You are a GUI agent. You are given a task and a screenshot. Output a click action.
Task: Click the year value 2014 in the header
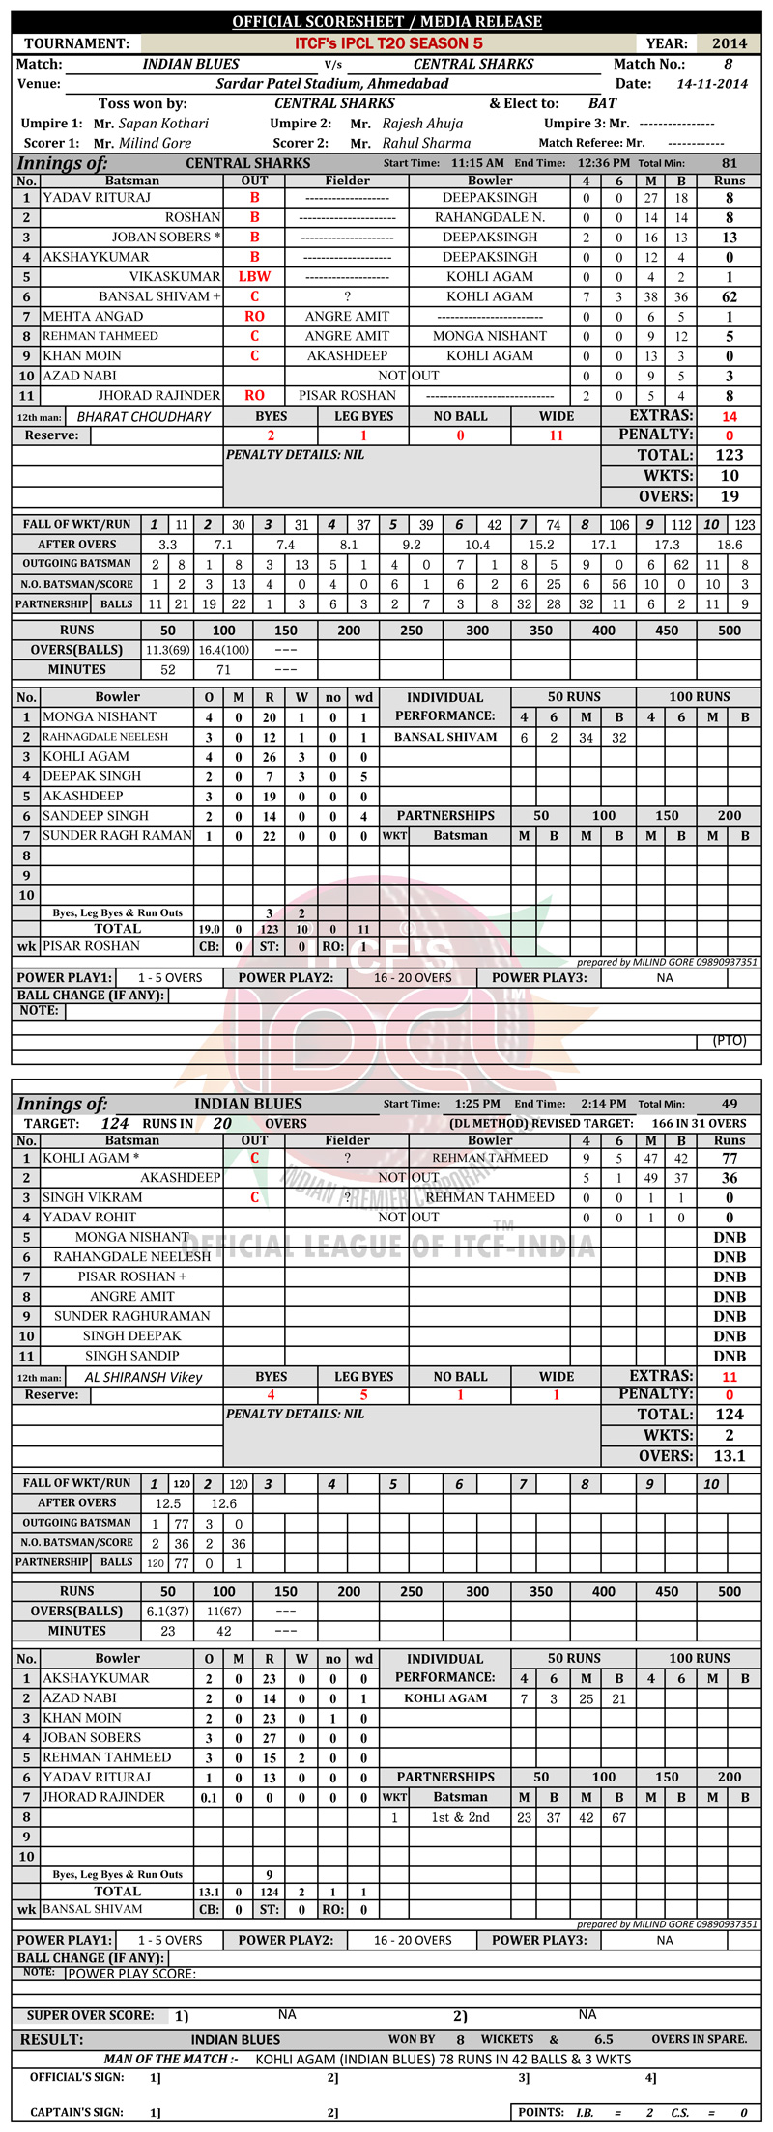tap(730, 43)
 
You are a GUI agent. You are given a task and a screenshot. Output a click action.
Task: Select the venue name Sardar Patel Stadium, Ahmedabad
tap(332, 84)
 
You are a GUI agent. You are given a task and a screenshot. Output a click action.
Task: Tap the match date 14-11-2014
tap(712, 84)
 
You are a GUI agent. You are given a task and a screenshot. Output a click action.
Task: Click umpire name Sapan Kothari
tap(163, 124)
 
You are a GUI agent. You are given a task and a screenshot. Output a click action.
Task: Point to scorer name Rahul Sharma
tap(426, 143)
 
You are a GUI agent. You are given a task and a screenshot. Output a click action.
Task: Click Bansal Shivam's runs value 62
tap(730, 296)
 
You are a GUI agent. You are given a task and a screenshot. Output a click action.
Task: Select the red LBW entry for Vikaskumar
tap(254, 276)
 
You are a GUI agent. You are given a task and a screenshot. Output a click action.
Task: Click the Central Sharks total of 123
tap(730, 455)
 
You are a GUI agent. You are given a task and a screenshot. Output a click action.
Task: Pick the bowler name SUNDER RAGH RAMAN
tap(118, 835)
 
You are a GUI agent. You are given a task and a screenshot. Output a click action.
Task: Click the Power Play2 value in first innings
tap(413, 977)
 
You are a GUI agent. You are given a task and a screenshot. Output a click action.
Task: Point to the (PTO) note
tap(728, 1041)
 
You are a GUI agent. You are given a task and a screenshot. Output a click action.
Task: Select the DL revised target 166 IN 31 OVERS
tap(699, 1123)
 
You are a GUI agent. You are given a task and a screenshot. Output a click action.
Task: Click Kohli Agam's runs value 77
tap(730, 1158)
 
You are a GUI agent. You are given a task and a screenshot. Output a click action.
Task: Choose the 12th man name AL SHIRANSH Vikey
tap(144, 1377)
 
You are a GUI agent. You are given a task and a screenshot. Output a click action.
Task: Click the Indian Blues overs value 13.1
tap(730, 1456)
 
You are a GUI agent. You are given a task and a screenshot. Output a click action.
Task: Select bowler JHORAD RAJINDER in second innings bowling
tap(103, 1797)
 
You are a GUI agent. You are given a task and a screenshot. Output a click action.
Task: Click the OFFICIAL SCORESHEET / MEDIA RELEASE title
tap(386, 21)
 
